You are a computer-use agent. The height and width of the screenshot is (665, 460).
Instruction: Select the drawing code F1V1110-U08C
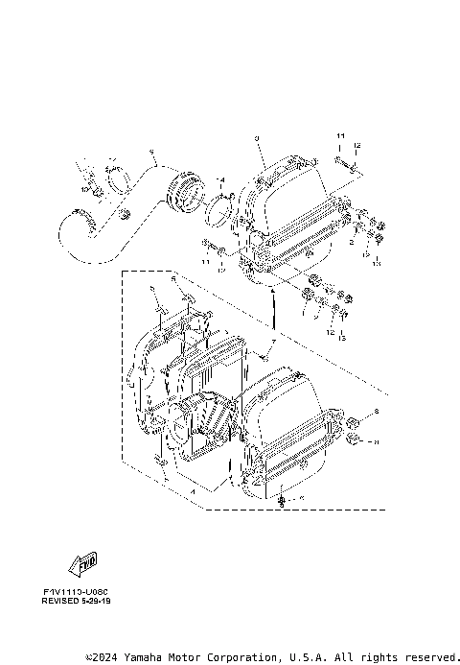click(x=76, y=591)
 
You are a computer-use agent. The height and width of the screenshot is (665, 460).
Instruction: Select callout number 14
click(x=221, y=179)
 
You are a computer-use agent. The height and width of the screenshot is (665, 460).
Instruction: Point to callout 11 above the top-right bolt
click(x=339, y=138)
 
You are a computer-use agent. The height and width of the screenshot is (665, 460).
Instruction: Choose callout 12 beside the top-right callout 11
click(x=356, y=145)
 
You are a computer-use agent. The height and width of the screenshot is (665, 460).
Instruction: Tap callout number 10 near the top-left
click(x=84, y=190)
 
